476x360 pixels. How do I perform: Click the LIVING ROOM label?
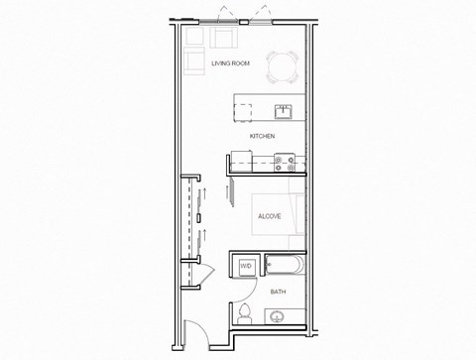[x=229, y=63]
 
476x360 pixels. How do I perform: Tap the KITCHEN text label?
[x=261, y=136]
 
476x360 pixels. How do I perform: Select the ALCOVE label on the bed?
[x=268, y=214]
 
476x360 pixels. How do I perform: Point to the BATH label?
[x=279, y=292]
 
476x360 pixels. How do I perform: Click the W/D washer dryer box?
[x=245, y=267]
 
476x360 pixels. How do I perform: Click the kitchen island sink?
[x=282, y=110]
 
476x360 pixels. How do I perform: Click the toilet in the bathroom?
[x=245, y=315]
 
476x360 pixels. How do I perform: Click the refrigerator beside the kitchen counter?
[x=240, y=159]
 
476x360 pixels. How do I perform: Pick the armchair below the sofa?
[x=194, y=63]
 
